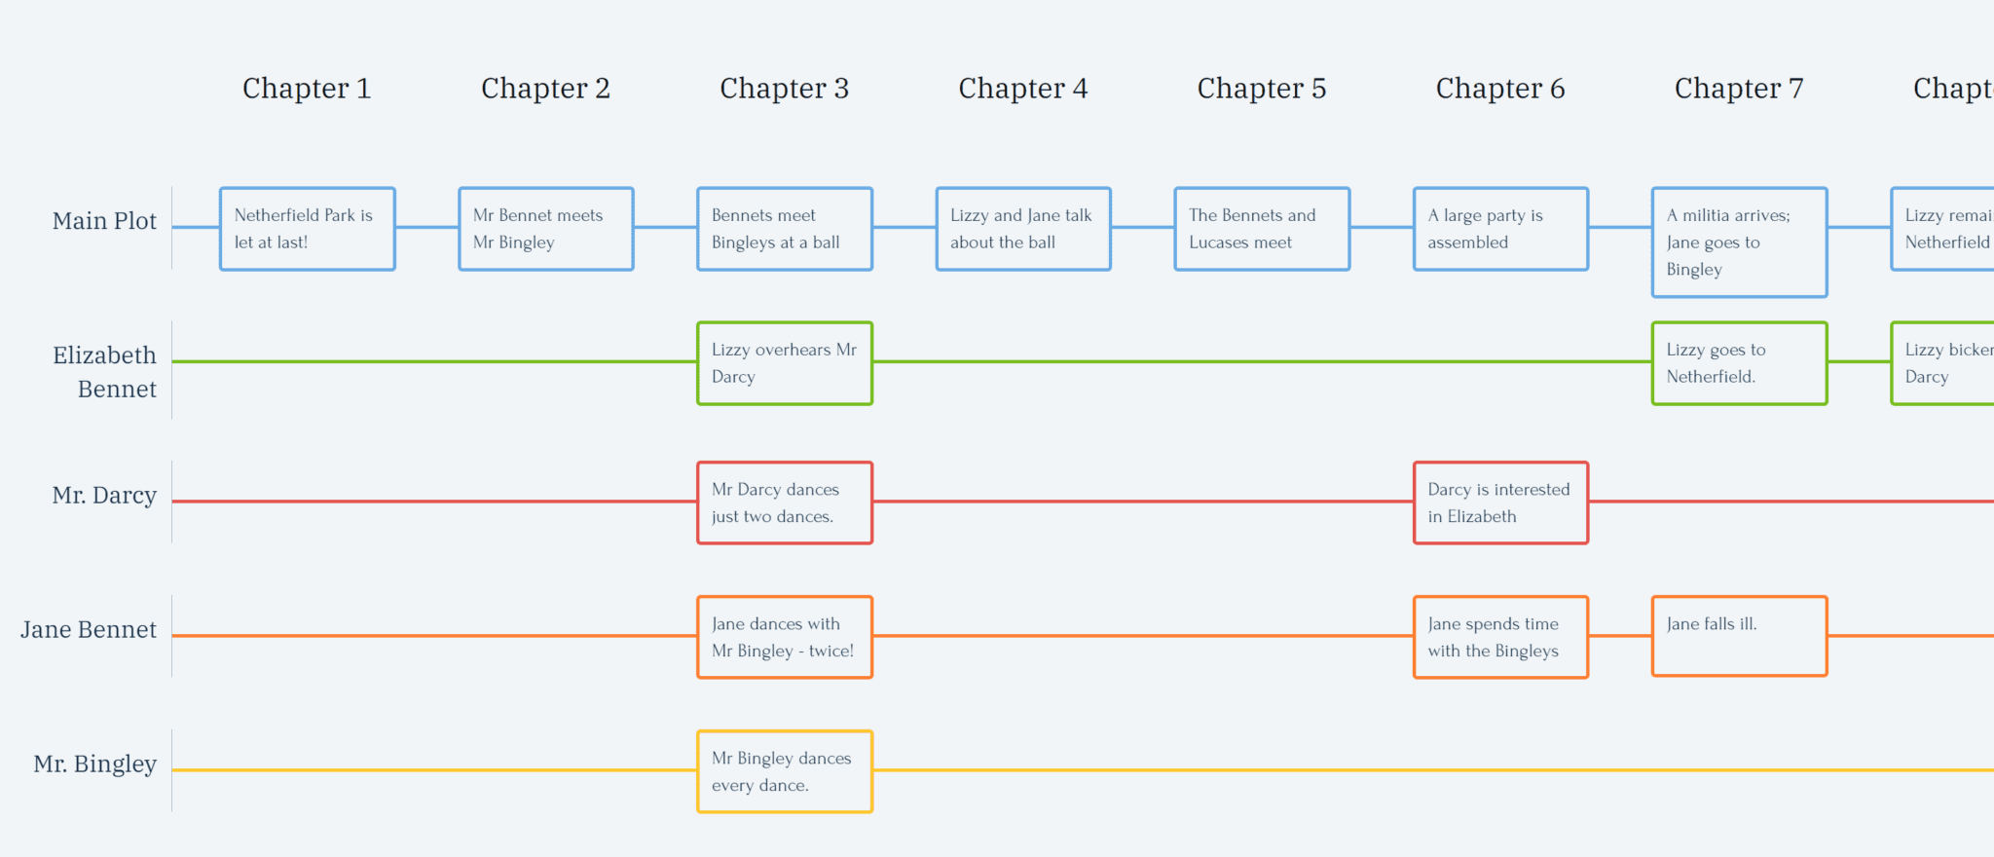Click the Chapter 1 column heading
[307, 89]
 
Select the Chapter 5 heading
[1261, 89]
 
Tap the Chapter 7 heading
[1738, 89]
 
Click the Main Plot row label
[104, 221]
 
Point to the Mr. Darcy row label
[104, 496]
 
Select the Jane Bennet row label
[89, 630]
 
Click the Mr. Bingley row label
[94, 764]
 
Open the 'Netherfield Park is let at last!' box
[307, 229]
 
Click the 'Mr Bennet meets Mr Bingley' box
[545, 229]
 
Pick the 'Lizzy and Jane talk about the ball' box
[1022, 229]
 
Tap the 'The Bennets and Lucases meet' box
[1261, 229]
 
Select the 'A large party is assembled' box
[1499, 229]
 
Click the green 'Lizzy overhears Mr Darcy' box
[784, 363]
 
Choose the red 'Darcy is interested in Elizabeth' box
[1499, 503]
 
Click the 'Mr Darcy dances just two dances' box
[784, 503]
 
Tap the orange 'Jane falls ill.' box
[1738, 636]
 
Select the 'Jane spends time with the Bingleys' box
[1499, 637]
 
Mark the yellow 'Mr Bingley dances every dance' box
[784, 771]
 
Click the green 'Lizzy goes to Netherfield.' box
[1738, 363]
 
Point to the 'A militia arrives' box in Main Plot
[1738, 242]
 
